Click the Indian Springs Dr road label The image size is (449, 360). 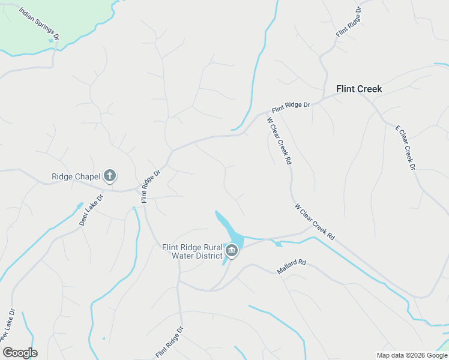click(x=40, y=24)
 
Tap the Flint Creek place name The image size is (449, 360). click(x=359, y=89)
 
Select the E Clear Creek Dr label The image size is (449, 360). click(x=405, y=148)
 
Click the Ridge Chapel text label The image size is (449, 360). click(x=75, y=176)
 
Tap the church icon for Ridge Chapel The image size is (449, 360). click(x=109, y=176)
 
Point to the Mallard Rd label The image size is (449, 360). click(x=292, y=267)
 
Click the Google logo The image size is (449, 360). click(x=20, y=353)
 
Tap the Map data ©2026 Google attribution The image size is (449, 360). click(x=412, y=355)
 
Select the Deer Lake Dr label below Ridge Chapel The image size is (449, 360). click(x=91, y=209)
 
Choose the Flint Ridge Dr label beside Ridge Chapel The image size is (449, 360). click(x=151, y=186)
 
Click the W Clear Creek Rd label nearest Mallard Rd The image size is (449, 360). click(x=315, y=222)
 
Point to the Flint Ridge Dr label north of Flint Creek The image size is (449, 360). click(x=350, y=22)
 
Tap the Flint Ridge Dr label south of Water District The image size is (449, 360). click(x=169, y=343)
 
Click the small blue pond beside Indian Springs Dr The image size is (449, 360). click(x=50, y=41)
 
